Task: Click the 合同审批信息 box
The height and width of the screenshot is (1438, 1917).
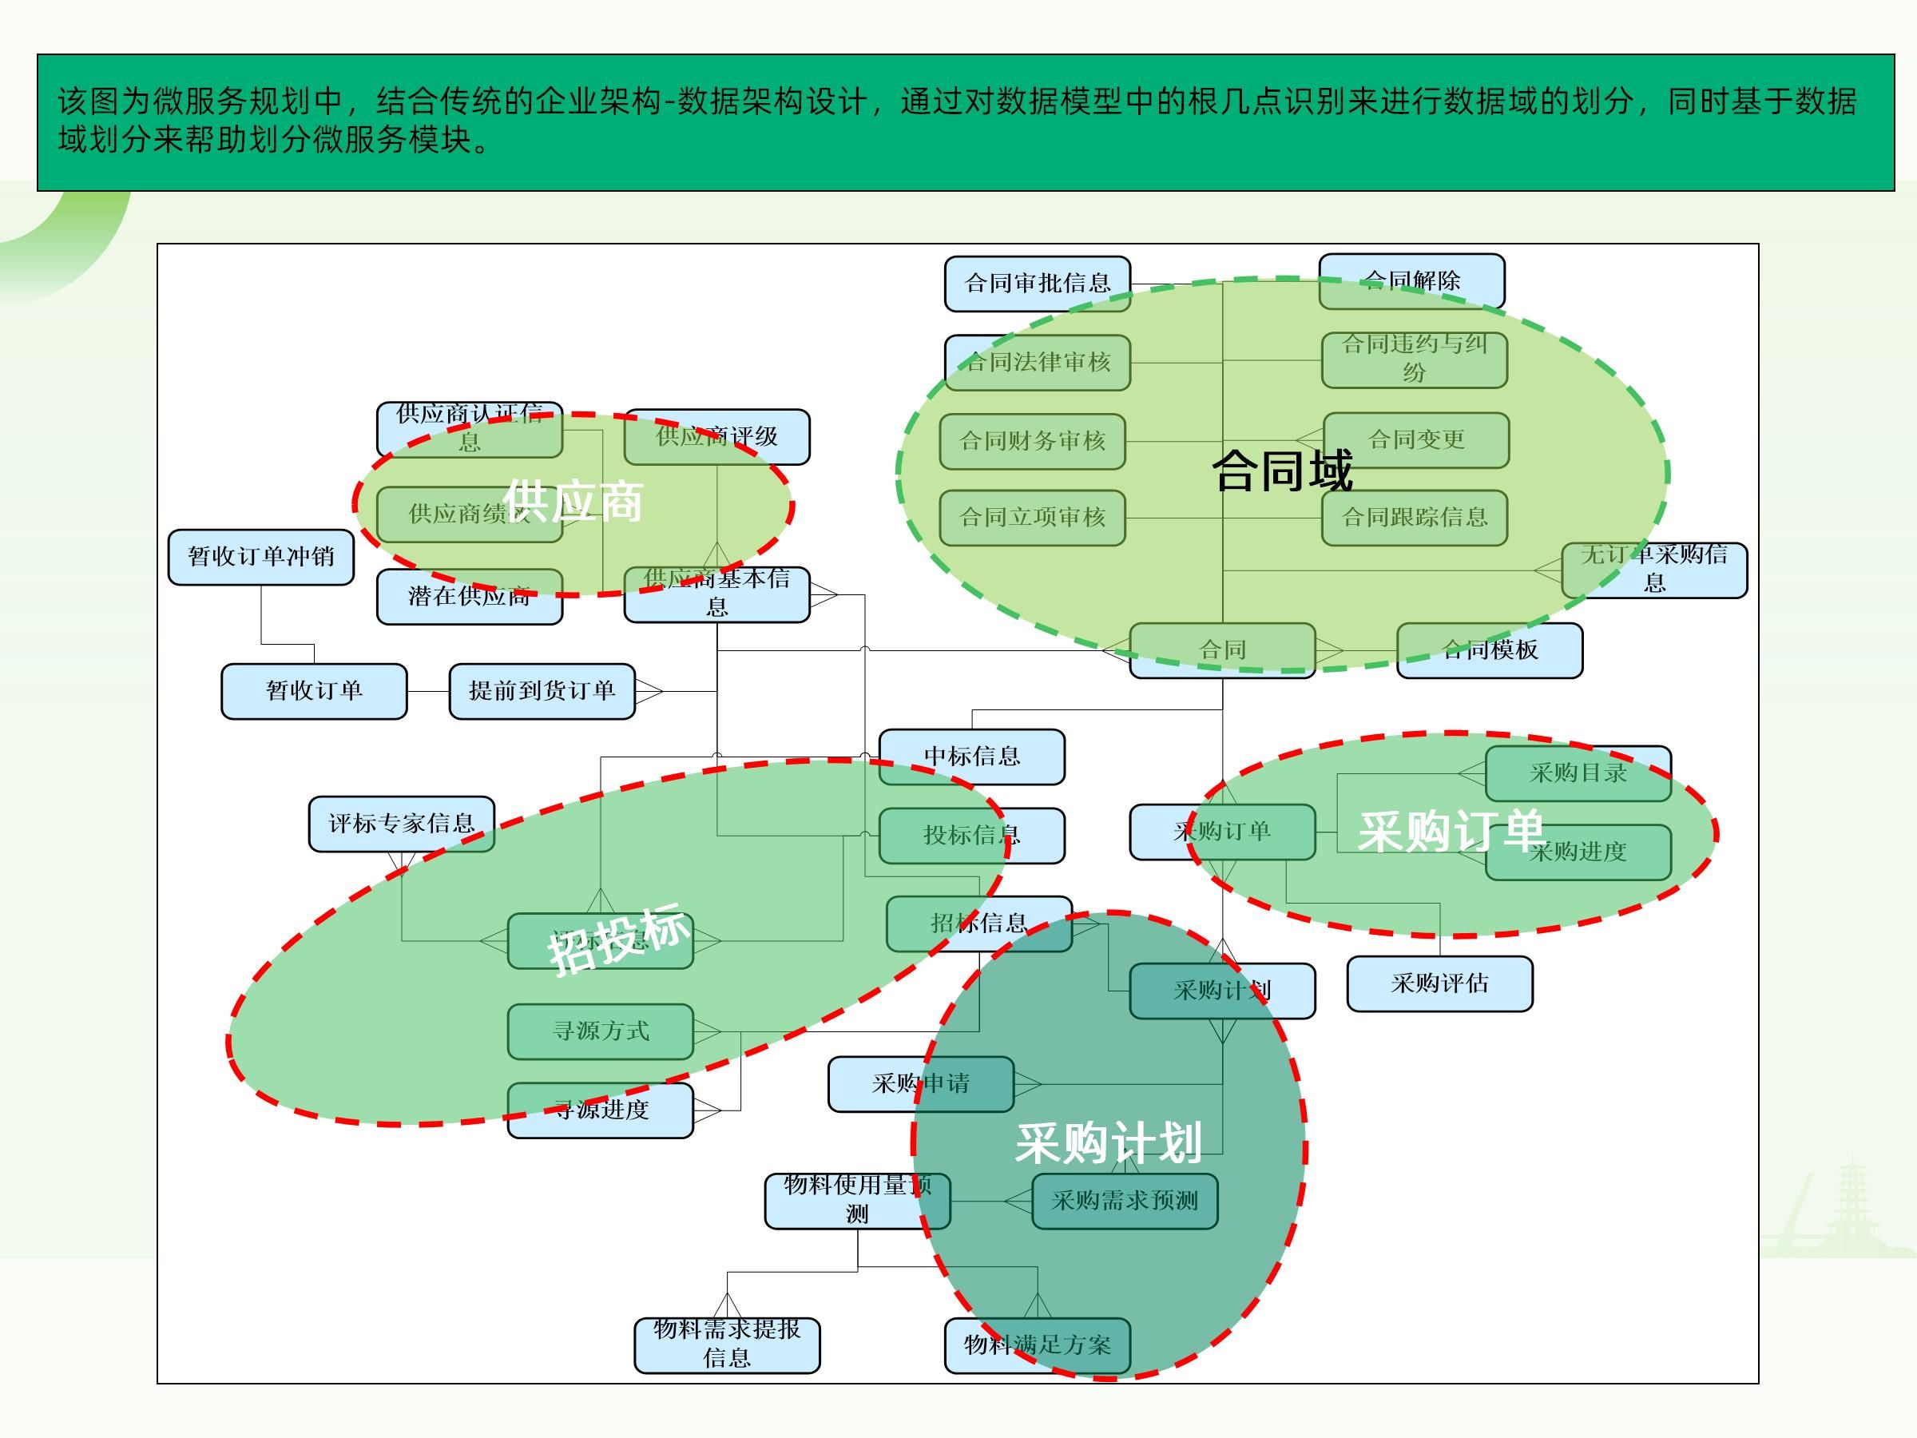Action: click(1037, 284)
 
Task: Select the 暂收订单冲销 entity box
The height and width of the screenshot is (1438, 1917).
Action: click(261, 557)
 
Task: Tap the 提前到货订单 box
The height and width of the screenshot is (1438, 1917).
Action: click(542, 691)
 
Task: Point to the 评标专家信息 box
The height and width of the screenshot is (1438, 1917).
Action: click(401, 824)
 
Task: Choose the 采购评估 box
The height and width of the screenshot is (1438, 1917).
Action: click(1439, 983)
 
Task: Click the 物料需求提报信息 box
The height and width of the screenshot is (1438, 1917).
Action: click(726, 1345)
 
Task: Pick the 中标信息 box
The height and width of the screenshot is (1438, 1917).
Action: click(971, 757)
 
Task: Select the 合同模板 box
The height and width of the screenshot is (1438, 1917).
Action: click(1489, 650)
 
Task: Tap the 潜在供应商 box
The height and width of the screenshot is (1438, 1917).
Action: click(469, 596)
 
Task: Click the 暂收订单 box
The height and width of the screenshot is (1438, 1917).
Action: click(314, 691)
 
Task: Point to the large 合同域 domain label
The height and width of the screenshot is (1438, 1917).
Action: click(1282, 471)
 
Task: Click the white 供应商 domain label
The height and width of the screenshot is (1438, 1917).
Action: click(573, 501)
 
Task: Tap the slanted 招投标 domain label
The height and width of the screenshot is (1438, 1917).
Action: click(619, 939)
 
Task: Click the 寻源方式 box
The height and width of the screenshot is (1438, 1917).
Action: click(600, 1031)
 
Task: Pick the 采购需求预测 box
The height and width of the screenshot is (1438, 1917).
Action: click(1124, 1201)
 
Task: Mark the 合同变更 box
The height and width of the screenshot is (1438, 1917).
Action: click(1415, 440)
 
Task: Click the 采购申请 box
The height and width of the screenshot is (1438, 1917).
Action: click(920, 1083)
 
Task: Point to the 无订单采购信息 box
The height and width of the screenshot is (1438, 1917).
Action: click(1653, 570)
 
